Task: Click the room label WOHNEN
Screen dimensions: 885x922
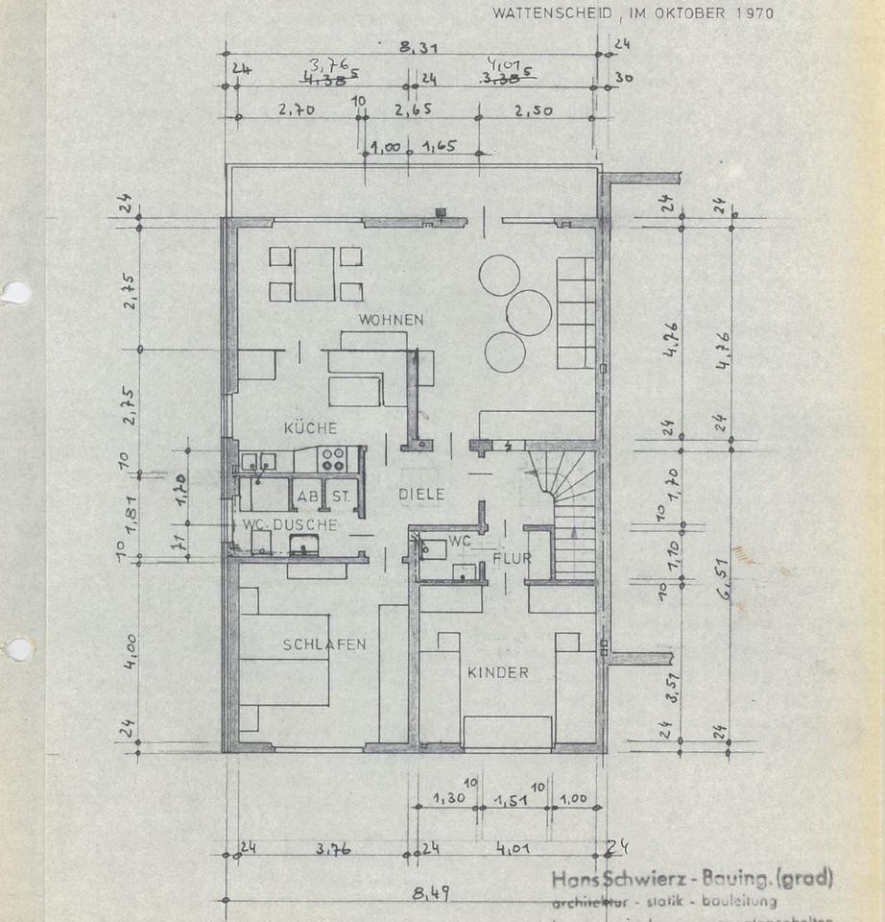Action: pos(391,319)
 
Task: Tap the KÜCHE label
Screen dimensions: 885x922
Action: pos(310,427)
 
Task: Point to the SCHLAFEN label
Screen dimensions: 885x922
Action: pos(323,644)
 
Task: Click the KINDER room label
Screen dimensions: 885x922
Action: pos(497,672)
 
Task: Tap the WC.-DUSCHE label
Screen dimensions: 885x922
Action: pos(289,524)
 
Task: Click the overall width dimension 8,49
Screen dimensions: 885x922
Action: pos(431,893)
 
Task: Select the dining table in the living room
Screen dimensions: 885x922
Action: pos(314,274)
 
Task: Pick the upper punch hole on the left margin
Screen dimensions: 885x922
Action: pos(14,292)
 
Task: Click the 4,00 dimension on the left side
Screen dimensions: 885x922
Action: pos(131,653)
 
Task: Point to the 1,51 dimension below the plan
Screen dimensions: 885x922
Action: pos(513,799)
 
